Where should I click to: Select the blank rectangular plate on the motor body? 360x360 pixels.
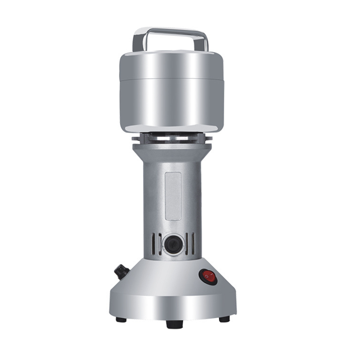point(173,195)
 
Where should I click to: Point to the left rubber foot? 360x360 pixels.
point(121,319)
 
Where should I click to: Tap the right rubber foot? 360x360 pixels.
point(224,319)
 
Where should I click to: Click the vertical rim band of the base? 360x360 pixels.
point(171,306)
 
